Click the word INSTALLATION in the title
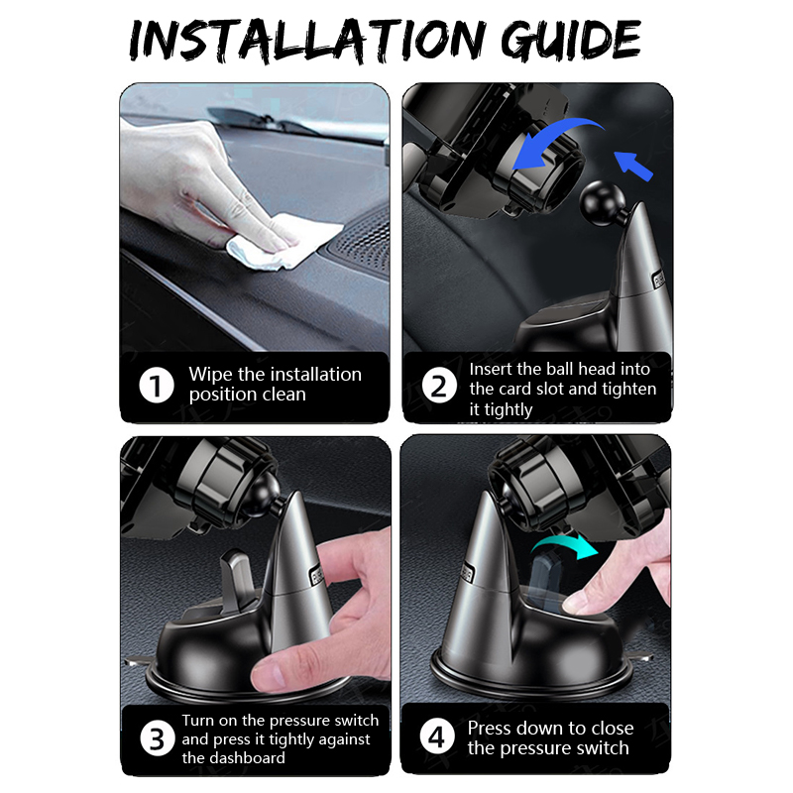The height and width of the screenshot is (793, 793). (x=307, y=41)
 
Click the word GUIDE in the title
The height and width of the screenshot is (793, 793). (x=571, y=41)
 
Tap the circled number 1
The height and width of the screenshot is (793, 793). (x=157, y=386)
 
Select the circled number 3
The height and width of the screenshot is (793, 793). (x=157, y=738)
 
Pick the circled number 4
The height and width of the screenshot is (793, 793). (x=437, y=736)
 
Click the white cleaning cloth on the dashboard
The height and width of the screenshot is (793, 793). (x=283, y=241)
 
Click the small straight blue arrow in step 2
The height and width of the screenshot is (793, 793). (x=633, y=166)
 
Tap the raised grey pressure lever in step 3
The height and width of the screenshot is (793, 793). (x=238, y=579)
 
